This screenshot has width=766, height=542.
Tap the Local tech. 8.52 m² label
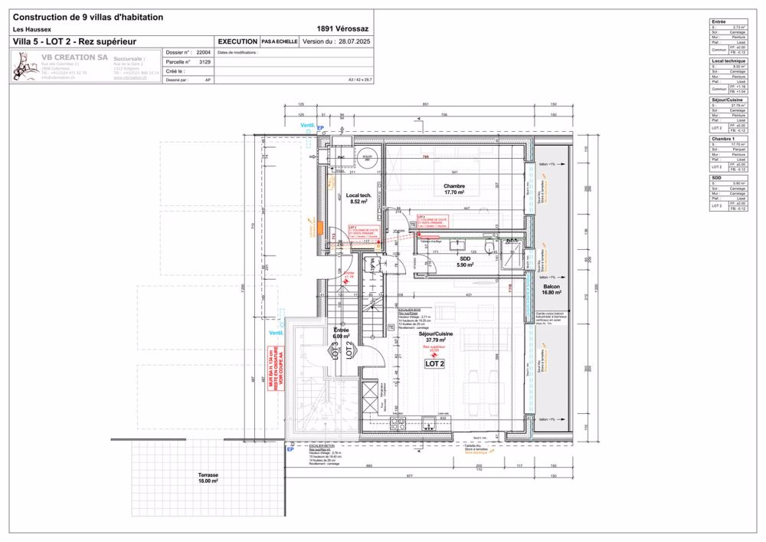[x=360, y=199]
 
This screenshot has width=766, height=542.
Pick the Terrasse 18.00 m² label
[x=208, y=478]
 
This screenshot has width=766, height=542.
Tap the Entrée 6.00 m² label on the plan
[x=341, y=333]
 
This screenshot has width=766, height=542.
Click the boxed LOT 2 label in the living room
[x=435, y=363]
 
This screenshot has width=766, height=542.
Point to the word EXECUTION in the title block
[x=238, y=41]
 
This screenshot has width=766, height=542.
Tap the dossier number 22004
[x=203, y=53]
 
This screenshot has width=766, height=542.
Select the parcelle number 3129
[x=205, y=61]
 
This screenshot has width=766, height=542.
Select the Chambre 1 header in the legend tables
[x=721, y=138]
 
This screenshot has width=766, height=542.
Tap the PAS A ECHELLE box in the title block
[x=280, y=41]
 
